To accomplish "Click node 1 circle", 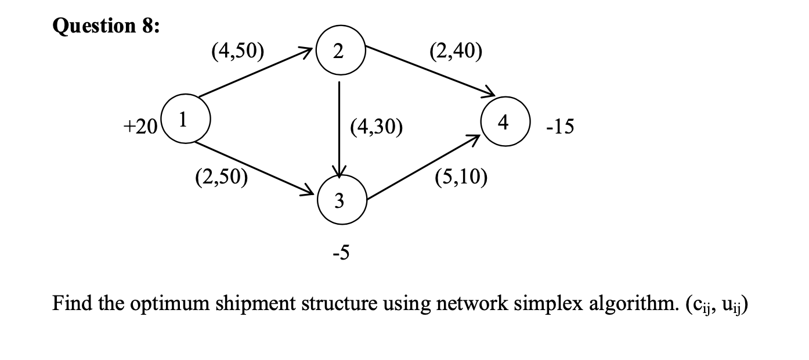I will click(x=182, y=120).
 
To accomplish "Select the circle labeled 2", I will click(x=339, y=52).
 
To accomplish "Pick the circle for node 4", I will click(x=503, y=123).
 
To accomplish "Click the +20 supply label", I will click(x=138, y=128).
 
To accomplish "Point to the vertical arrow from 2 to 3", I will click(x=339, y=128).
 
